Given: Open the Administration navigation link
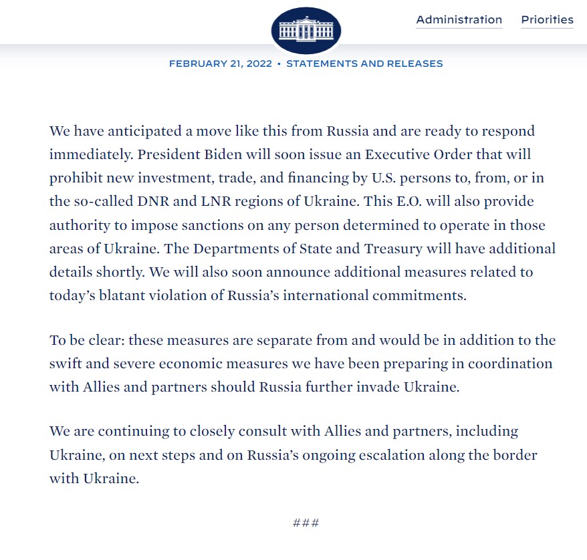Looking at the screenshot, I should tap(459, 19).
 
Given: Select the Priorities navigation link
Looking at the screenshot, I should tap(547, 19).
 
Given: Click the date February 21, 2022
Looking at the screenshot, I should tap(220, 63).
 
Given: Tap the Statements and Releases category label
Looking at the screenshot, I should tap(364, 63).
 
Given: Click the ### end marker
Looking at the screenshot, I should tap(306, 523).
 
